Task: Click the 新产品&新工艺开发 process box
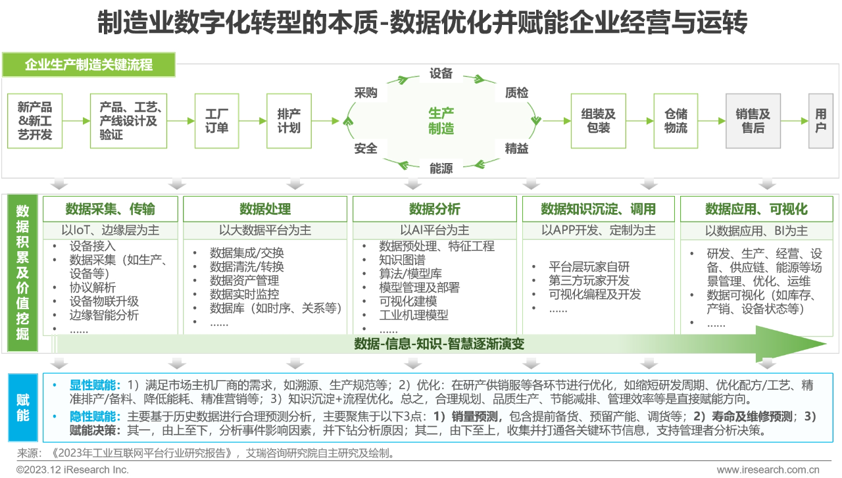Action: click(x=35, y=121)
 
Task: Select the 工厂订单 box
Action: click(x=216, y=121)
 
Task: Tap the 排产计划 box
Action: click(x=289, y=121)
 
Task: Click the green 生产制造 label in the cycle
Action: click(x=441, y=121)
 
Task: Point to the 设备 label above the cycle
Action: click(x=441, y=74)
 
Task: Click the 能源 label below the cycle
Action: click(x=441, y=168)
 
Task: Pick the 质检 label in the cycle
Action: click(x=516, y=93)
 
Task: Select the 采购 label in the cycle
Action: click(x=366, y=93)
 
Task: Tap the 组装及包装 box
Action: click(x=598, y=121)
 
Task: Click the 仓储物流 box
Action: click(x=676, y=121)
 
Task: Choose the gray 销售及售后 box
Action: click(x=753, y=121)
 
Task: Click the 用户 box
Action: click(x=821, y=121)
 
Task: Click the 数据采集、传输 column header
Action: click(x=111, y=209)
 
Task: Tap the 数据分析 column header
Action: click(x=435, y=209)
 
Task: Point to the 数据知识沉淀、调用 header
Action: click(x=598, y=209)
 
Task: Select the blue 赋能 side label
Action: click(x=23, y=408)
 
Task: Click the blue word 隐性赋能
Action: click(x=95, y=416)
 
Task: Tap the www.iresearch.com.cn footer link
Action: click(x=768, y=469)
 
